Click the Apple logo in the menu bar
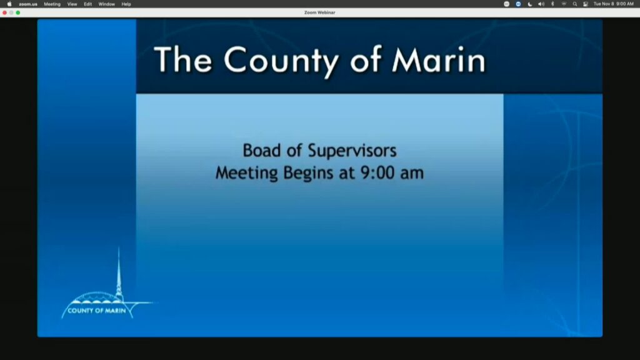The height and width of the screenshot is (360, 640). point(9,4)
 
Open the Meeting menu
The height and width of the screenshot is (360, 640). point(52,4)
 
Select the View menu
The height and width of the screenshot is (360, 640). point(72,4)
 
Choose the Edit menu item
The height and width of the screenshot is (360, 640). point(87,4)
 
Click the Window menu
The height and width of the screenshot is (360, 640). point(106,4)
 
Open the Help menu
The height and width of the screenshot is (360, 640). point(126,4)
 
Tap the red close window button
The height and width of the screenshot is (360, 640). point(4,12)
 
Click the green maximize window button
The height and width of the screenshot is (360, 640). point(18,12)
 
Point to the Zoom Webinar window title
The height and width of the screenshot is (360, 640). point(319,12)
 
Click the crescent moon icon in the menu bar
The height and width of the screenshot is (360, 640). point(530,4)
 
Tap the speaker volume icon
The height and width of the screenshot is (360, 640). point(541,4)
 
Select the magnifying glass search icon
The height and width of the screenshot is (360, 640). point(575,4)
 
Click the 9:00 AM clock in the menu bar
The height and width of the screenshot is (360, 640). point(625,4)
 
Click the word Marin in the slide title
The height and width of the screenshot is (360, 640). point(439,60)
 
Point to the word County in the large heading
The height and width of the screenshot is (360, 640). point(281,61)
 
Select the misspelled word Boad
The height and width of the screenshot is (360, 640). point(262,151)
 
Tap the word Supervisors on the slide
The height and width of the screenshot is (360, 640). point(352,151)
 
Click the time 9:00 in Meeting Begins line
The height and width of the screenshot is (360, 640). point(377,173)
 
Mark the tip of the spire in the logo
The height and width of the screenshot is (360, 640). point(119,247)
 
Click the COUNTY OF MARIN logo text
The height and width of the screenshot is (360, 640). point(97,311)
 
